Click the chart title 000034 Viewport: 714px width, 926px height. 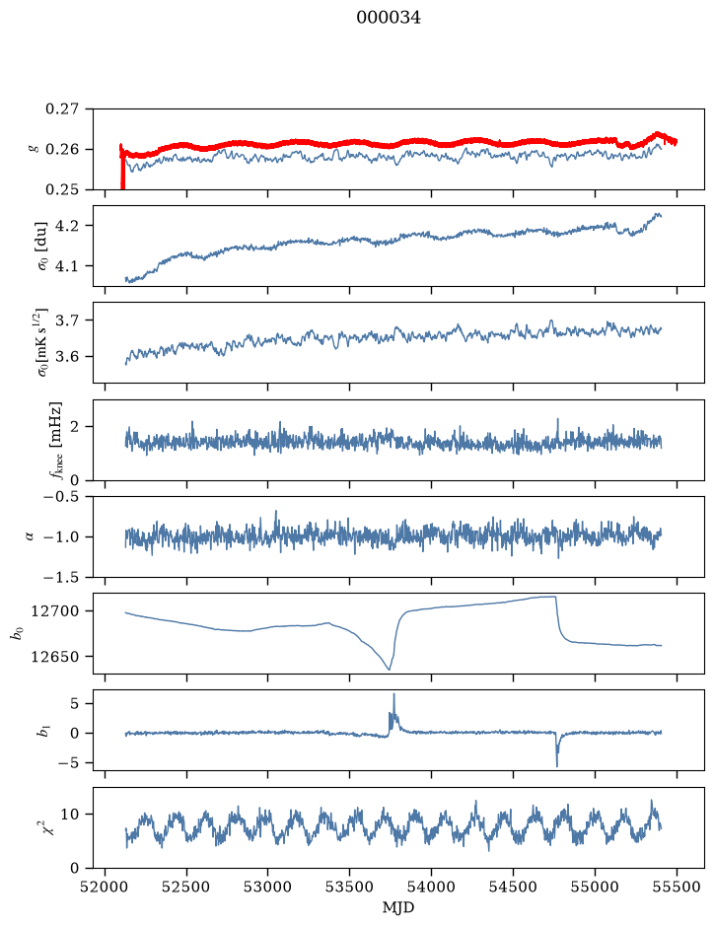pos(389,18)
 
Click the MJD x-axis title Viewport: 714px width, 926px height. pos(398,907)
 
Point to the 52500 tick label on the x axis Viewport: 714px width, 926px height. pos(186,887)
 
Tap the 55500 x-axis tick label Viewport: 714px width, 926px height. pos(677,887)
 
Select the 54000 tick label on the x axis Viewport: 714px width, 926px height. pos(431,887)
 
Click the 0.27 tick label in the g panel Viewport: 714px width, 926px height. pos(62,109)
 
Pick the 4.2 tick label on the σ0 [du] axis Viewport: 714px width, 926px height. pos(67,226)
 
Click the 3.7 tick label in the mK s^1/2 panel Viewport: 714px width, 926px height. pos(67,321)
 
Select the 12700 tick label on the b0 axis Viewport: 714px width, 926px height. pos(55,611)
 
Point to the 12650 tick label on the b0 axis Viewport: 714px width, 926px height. pos(55,656)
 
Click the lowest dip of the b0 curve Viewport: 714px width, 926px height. pos(389,669)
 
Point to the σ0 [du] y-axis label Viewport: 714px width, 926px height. pos(42,246)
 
